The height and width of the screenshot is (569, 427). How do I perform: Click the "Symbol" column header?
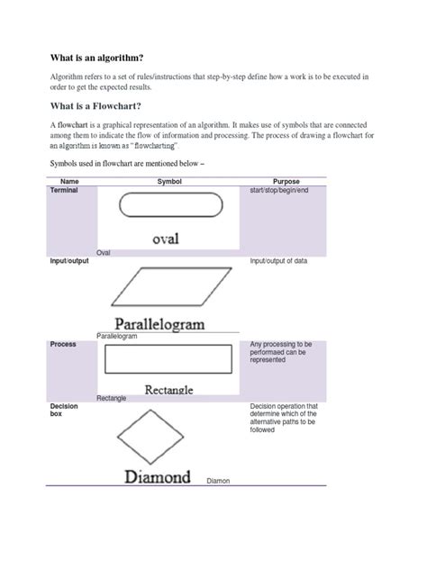170,181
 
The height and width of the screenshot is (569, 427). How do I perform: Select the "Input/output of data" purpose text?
278,260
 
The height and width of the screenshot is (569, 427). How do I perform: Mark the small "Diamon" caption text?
219,481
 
